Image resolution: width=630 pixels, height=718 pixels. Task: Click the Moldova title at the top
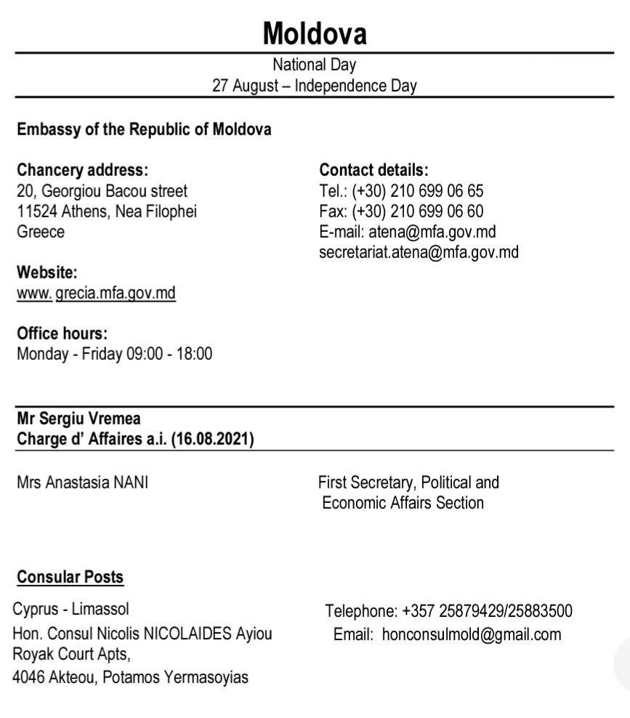(x=314, y=33)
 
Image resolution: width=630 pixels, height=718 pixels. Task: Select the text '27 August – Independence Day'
(x=314, y=86)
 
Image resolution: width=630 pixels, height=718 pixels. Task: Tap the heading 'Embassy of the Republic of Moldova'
(x=144, y=130)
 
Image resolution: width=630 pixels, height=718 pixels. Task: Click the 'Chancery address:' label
(x=82, y=171)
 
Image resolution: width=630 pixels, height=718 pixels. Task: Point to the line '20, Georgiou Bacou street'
(x=102, y=191)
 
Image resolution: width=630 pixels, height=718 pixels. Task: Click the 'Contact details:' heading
(x=373, y=171)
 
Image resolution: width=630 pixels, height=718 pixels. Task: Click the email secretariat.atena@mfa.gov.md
(x=419, y=252)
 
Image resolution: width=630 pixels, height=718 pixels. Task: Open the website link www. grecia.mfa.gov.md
(x=96, y=294)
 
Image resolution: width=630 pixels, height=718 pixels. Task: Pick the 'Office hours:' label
(x=62, y=334)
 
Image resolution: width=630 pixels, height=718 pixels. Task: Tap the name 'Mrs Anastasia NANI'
(x=82, y=482)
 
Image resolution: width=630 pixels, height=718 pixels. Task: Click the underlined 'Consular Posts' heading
(x=70, y=578)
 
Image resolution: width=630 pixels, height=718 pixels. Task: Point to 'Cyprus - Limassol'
(x=71, y=609)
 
